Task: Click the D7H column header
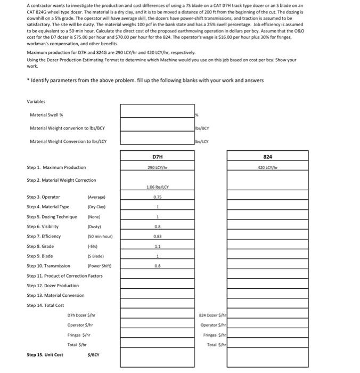(x=157, y=157)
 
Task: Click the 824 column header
(x=268, y=157)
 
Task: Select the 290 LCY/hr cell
(x=157, y=167)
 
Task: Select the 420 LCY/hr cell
(x=268, y=167)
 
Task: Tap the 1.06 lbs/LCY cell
(x=157, y=187)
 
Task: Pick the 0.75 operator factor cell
(x=157, y=197)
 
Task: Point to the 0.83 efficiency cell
(x=157, y=236)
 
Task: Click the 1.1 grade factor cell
(x=157, y=246)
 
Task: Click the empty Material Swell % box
(x=157, y=111)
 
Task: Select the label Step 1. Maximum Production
(x=56, y=168)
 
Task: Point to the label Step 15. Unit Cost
(x=45, y=354)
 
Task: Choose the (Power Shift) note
(x=100, y=265)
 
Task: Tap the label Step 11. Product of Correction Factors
(x=64, y=275)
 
